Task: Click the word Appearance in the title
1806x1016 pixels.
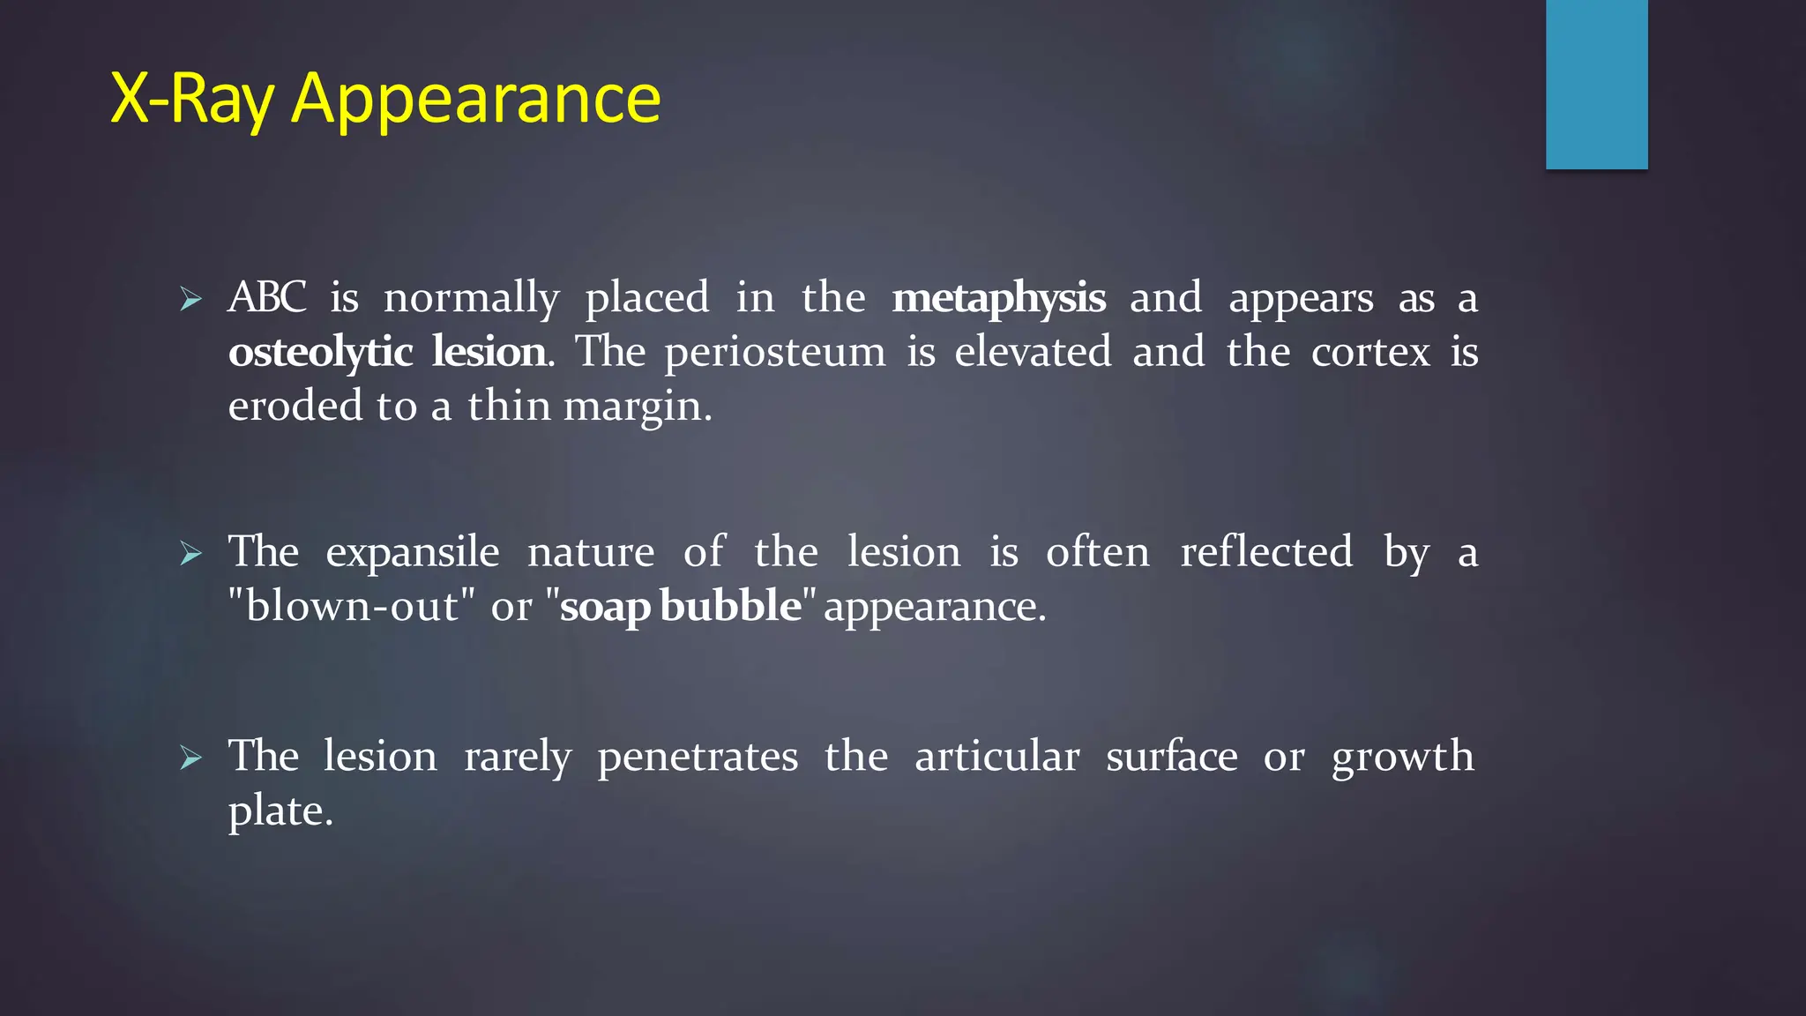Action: (475, 99)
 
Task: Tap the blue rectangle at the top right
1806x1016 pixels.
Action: (1596, 84)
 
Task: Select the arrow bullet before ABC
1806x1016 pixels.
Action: (190, 300)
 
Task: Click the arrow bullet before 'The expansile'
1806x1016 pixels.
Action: (190, 554)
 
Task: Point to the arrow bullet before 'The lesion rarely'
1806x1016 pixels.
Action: (190, 758)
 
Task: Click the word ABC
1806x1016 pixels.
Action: (267, 297)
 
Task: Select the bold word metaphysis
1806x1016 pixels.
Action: (998, 299)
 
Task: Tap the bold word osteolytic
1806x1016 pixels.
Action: (320, 353)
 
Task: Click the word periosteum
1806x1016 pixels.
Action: (775, 353)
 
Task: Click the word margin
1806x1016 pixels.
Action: (637, 407)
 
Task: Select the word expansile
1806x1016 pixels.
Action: (412, 553)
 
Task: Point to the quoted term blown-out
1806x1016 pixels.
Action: (352, 606)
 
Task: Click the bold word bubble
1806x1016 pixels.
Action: (730, 606)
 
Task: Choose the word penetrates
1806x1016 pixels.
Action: (698, 757)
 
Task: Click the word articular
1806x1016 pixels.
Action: (996, 757)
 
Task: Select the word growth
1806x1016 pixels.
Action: (1402, 757)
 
